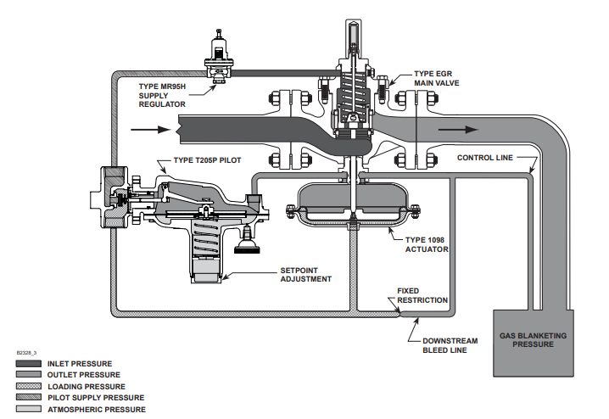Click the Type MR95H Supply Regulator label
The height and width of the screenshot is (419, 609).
coord(162,95)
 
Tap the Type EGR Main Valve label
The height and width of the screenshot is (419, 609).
coord(437,78)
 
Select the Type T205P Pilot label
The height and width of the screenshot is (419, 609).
coord(208,160)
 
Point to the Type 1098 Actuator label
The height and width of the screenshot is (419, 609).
coord(427,244)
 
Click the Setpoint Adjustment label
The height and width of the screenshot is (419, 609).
coord(305,275)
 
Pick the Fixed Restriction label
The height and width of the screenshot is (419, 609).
coord(422,295)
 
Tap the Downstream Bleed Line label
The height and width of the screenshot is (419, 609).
coord(450,345)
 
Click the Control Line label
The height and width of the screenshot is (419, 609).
coord(485,158)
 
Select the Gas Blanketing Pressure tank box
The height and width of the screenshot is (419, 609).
coord(534,343)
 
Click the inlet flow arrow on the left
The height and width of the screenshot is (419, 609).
coord(151,129)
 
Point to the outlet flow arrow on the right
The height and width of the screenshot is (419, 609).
coord(458,129)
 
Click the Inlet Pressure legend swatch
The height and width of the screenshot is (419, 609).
coord(28,364)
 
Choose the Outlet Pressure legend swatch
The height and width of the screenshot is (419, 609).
coord(28,374)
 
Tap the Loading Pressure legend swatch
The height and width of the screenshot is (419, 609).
coord(28,386)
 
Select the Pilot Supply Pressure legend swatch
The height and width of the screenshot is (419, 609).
coord(28,397)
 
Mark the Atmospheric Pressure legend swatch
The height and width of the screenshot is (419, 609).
coord(28,409)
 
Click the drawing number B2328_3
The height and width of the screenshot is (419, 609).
coord(26,353)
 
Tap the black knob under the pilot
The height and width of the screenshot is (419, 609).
coord(247,247)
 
